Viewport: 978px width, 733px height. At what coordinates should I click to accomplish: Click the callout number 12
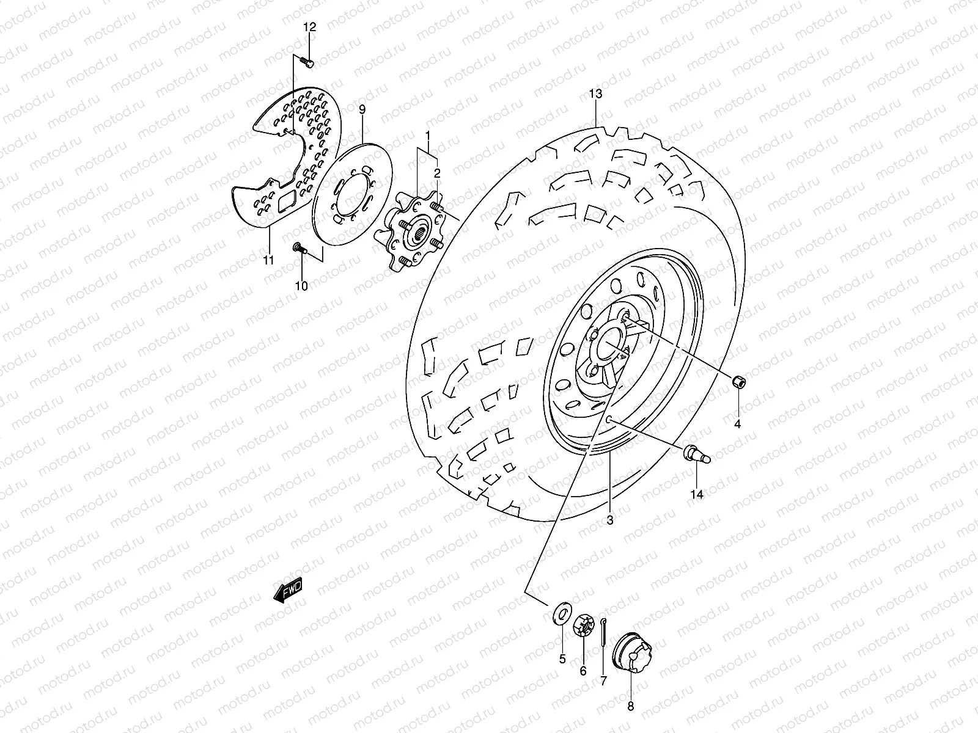tap(310, 27)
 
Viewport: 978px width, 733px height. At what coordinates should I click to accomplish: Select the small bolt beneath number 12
tap(307, 61)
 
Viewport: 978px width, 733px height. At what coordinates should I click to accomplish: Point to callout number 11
tap(268, 261)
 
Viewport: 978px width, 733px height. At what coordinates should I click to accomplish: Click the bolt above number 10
tap(299, 247)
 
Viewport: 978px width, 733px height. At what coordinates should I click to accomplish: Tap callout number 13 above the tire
tap(595, 93)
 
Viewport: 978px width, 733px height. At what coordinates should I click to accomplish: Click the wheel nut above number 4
tap(738, 382)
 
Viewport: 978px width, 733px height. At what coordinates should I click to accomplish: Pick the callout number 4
tap(738, 424)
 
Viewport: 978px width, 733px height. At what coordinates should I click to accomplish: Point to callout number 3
tap(609, 520)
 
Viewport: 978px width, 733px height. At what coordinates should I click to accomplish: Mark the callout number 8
tap(631, 707)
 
